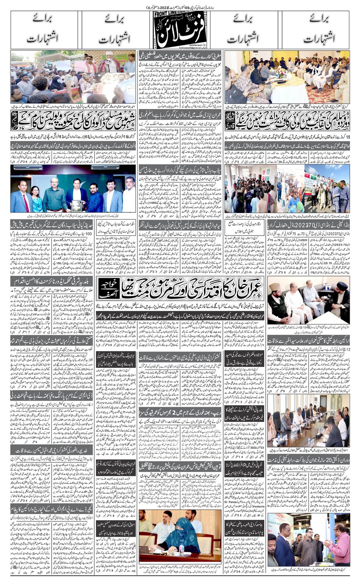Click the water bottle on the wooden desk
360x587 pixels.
click(x=182, y=548)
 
